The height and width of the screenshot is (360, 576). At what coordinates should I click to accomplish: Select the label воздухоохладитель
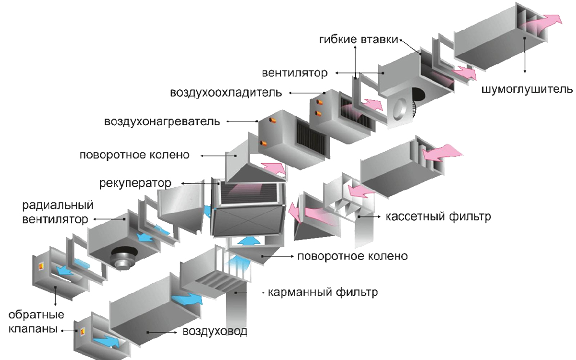pyautogui.click(x=226, y=92)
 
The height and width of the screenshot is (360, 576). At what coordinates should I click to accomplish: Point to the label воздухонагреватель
pyautogui.click(x=162, y=121)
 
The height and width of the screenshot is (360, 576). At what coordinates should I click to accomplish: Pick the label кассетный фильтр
pyautogui.click(x=438, y=217)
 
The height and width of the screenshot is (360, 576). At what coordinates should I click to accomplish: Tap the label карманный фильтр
pyautogui.click(x=323, y=292)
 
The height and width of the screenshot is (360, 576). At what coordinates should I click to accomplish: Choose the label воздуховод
pyautogui.click(x=215, y=331)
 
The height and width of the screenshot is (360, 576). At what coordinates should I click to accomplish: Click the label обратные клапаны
pyautogui.click(x=36, y=322)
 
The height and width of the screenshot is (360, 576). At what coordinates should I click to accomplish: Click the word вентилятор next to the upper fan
pyautogui.click(x=295, y=73)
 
